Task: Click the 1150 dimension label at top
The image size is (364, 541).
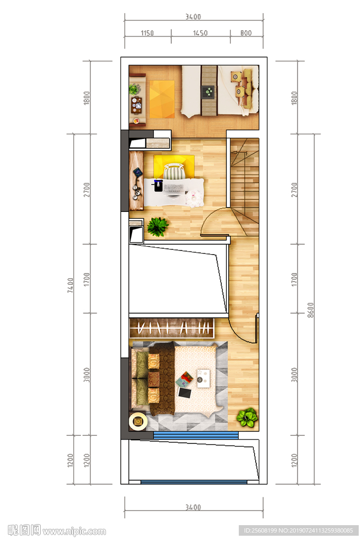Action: click(147, 33)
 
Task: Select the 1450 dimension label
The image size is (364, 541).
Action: click(200, 33)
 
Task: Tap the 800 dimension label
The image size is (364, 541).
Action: click(246, 33)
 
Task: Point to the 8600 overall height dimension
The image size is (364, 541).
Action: click(311, 310)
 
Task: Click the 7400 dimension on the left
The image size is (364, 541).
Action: click(70, 285)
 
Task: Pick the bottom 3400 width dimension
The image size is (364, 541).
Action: click(193, 507)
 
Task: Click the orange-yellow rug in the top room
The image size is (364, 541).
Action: click(162, 99)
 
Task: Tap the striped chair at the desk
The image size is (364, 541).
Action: click(174, 172)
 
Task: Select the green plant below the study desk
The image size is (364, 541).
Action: click(157, 227)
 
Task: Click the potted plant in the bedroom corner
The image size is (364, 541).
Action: click(247, 417)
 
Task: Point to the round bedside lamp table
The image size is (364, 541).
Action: click(138, 421)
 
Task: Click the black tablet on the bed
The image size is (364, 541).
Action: click(184, 393)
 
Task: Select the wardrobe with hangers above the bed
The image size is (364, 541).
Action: click(172, 328)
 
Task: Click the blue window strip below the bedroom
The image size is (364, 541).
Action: click(196, 435)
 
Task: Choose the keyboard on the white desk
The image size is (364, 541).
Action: click(173, 188)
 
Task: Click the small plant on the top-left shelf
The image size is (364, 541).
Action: click(135, 89)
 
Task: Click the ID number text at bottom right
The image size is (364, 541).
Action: click(298, 530)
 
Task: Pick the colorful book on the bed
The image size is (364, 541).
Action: click(184, 379)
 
